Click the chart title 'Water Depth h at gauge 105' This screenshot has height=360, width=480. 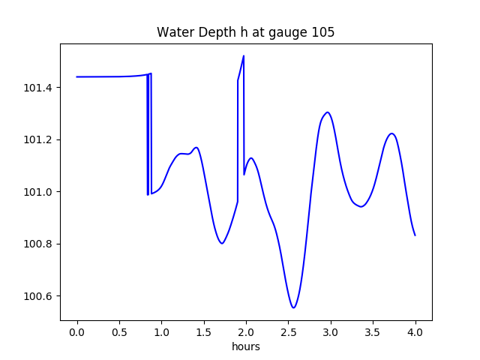(x=245, y=32)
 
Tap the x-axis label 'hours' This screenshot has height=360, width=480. (x=246, y=346)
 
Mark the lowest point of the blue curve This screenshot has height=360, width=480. (x=294, y=307)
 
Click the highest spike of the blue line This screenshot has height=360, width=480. (x=244, y=55)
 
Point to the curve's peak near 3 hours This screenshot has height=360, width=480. (x=328, y=112)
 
